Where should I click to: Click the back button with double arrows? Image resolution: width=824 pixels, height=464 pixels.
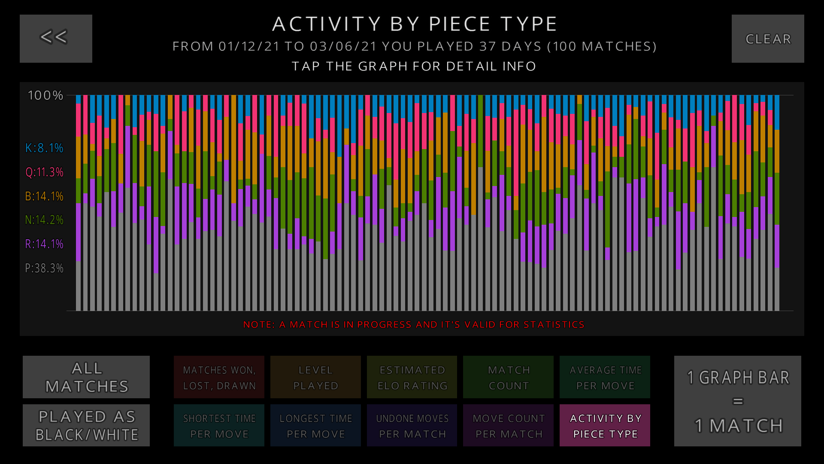pos(56,39)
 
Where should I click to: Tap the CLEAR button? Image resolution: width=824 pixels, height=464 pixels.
pos(768,39)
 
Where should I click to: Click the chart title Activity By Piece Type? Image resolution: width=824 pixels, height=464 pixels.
pos(415,24)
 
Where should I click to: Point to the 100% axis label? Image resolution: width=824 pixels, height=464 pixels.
pos(45,95)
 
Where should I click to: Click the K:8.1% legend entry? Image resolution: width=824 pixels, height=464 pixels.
pos(44,148)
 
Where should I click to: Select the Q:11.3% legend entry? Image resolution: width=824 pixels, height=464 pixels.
pos(44,172)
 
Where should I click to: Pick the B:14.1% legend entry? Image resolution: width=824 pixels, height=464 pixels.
pos(44,196)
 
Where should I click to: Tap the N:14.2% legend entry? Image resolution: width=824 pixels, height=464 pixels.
pos(44,220)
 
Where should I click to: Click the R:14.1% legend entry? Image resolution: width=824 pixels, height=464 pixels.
pos(44,244)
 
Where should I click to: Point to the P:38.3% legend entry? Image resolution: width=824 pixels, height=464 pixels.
pos(44,269)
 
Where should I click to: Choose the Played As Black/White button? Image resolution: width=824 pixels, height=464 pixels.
pos(86,425)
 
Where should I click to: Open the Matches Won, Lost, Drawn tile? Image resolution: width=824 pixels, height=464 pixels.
pos(219,377)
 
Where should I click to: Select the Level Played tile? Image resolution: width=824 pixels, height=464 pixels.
pos(315,377)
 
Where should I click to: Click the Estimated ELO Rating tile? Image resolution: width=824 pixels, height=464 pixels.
pos(412,377)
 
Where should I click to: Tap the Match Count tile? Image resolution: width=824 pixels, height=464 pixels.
pos(509,377)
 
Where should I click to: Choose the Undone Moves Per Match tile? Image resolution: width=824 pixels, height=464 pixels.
pos(412,425)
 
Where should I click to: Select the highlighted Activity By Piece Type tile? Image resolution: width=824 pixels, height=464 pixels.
pos(605,425)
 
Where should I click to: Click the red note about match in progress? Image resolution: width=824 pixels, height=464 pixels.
pos(414,325)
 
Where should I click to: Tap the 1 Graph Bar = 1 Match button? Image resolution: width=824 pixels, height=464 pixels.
pos(737,401)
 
